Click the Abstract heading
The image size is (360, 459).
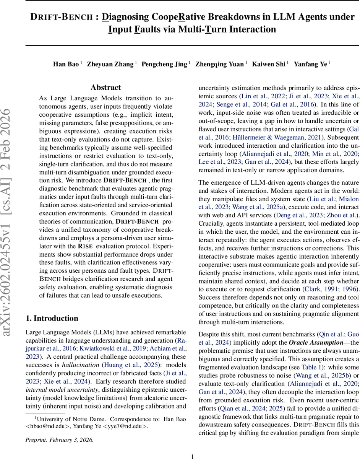coord(105,88)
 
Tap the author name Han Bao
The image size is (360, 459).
coord(66,64)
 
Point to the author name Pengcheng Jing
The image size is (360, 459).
coord(164,64)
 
